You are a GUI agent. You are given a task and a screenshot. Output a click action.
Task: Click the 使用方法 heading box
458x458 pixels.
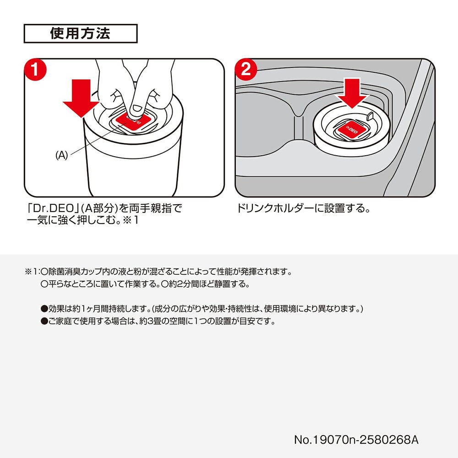[80, 33]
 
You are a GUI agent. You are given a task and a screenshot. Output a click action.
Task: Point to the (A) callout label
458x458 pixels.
[61, 156]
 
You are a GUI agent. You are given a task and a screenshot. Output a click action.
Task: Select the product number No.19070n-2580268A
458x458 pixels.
[356, 440]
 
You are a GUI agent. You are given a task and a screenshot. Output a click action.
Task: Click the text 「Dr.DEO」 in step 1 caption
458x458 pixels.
[51, 209]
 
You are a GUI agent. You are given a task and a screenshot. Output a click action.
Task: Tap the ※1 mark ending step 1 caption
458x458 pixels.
[131, 221]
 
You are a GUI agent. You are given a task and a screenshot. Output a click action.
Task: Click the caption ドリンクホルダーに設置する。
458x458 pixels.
[302, 209]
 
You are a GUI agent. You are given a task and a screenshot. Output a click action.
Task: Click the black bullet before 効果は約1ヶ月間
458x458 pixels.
[44, 309]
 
